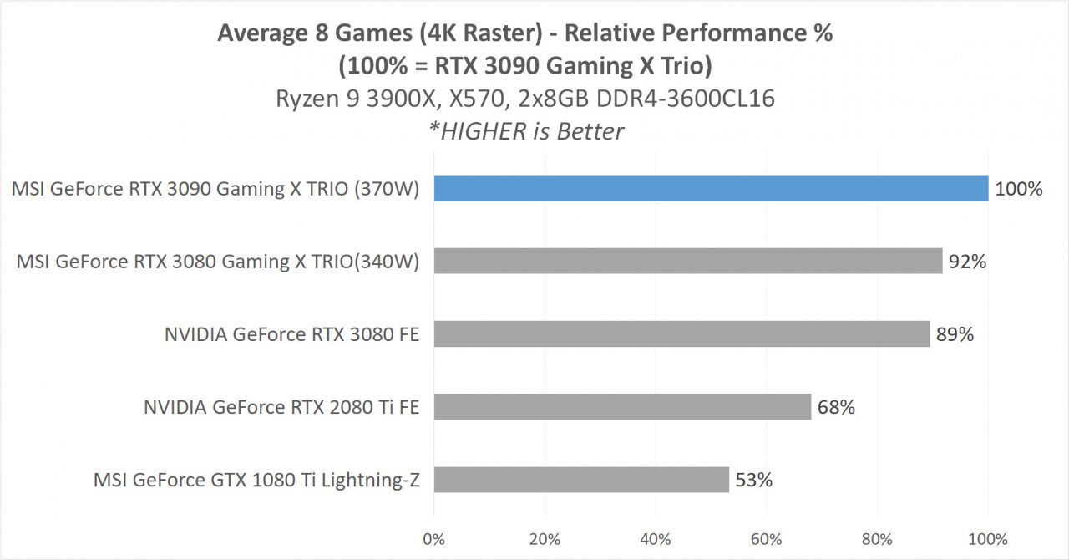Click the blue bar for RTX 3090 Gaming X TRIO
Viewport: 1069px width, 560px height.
711,189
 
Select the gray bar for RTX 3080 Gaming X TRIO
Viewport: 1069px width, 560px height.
688,262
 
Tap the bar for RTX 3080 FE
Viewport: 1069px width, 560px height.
681,334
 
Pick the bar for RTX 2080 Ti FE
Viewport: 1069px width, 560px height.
622,407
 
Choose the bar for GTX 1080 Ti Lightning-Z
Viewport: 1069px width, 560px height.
581,480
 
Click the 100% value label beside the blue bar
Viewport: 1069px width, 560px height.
1018,189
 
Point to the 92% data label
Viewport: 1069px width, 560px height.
968,262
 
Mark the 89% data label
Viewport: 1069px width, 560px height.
955,334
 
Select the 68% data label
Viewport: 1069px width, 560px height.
836,407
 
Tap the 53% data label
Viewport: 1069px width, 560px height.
753,480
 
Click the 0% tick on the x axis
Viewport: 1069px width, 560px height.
433,539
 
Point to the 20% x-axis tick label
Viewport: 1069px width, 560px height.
545,539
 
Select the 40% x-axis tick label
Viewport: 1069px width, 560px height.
656,539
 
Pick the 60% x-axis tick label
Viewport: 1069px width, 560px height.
767,539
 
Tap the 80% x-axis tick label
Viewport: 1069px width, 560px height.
878,539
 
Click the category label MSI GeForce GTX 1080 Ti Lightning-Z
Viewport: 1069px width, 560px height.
256,481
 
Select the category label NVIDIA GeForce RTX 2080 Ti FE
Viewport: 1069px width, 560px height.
281,408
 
